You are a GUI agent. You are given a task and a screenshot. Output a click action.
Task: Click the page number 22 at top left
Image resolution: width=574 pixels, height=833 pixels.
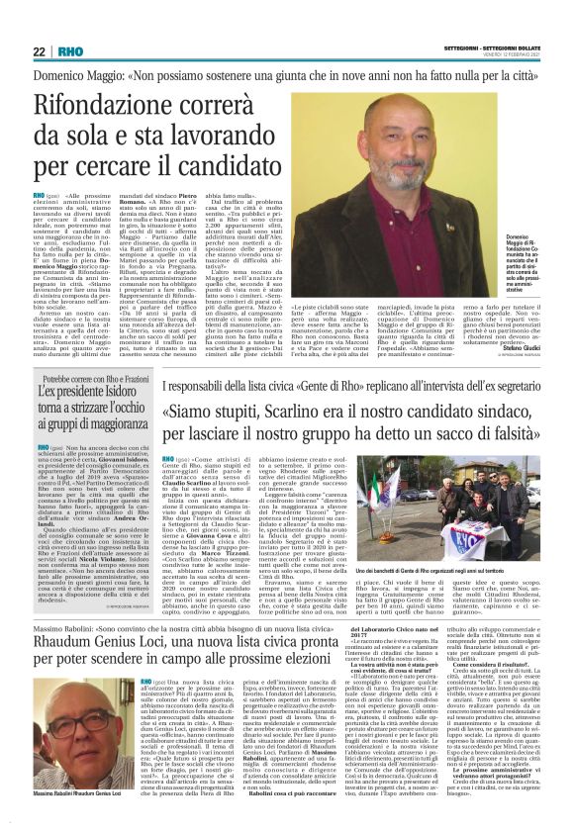[x=39, y=51]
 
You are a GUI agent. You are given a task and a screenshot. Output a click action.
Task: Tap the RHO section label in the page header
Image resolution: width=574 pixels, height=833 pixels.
[x=70, y=51]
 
